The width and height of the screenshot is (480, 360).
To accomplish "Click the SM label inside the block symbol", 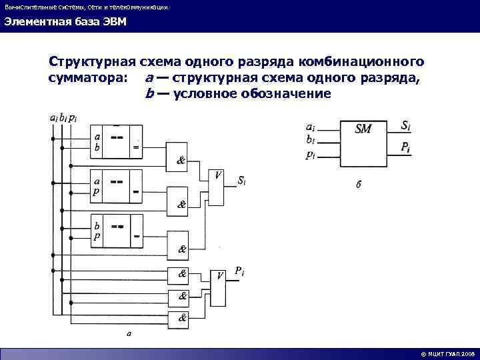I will (x=363, y=129).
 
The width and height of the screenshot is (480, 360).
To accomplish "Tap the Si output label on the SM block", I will (x=406, y=125).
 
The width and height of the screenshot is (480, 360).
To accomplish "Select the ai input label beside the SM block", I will (x=311, y=126).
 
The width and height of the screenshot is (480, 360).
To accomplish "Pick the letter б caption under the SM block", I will (x=359, y=185).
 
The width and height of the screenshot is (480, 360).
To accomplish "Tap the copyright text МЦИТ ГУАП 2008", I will (x=447, y=354).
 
